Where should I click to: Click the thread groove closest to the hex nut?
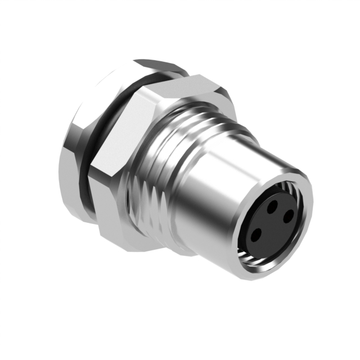pos(138,169)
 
